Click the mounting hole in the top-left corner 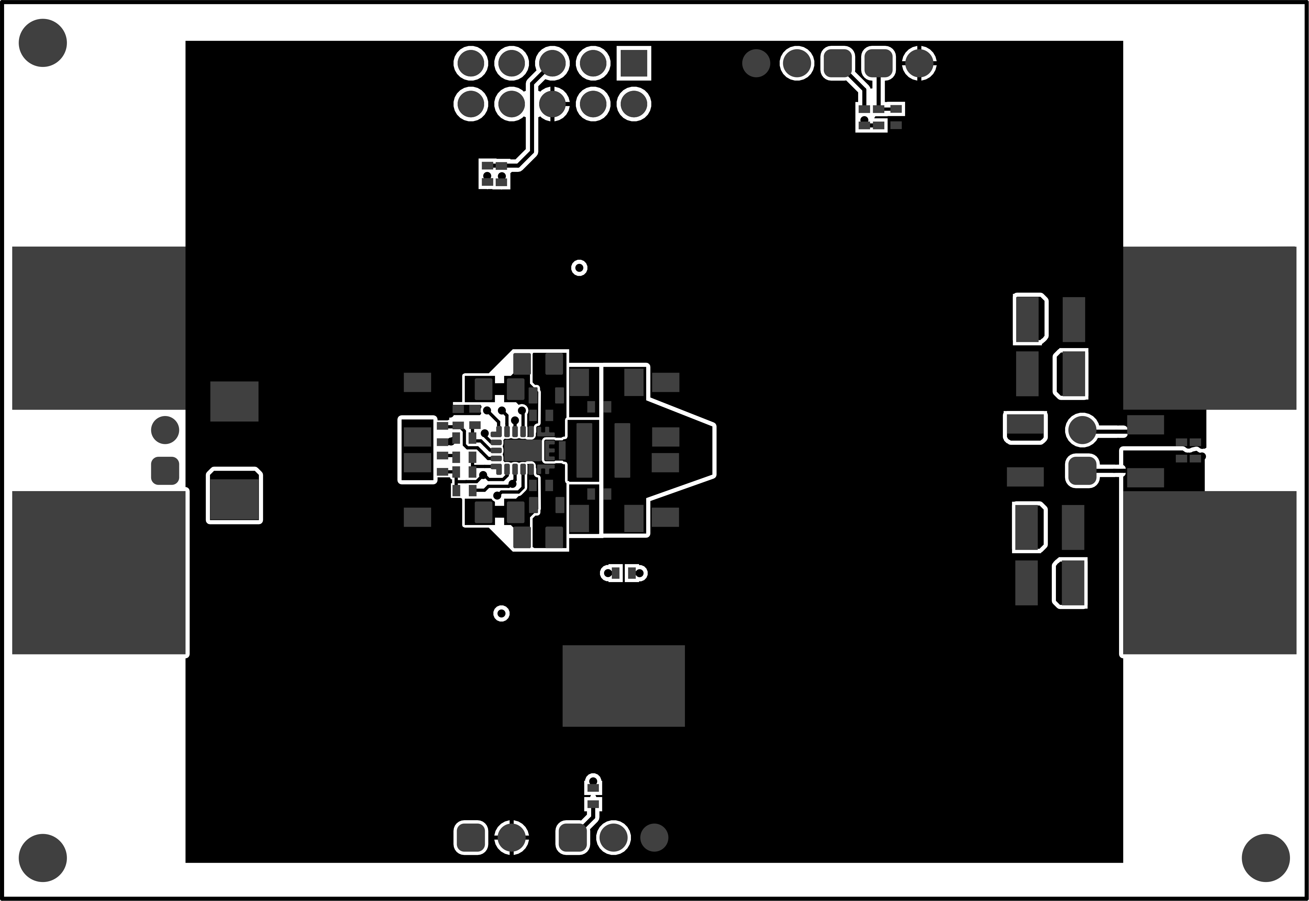[x=43, y=43]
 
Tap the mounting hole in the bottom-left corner [x=43, y=858]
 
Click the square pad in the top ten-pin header [x=634, y=63]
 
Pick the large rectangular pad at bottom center [x=623, y=686]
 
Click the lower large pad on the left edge [x=99, y=573]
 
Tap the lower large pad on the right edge [x=1209, y=573]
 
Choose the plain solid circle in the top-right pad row [x=756, y=63]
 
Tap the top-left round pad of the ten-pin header [x=471, y=63]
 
